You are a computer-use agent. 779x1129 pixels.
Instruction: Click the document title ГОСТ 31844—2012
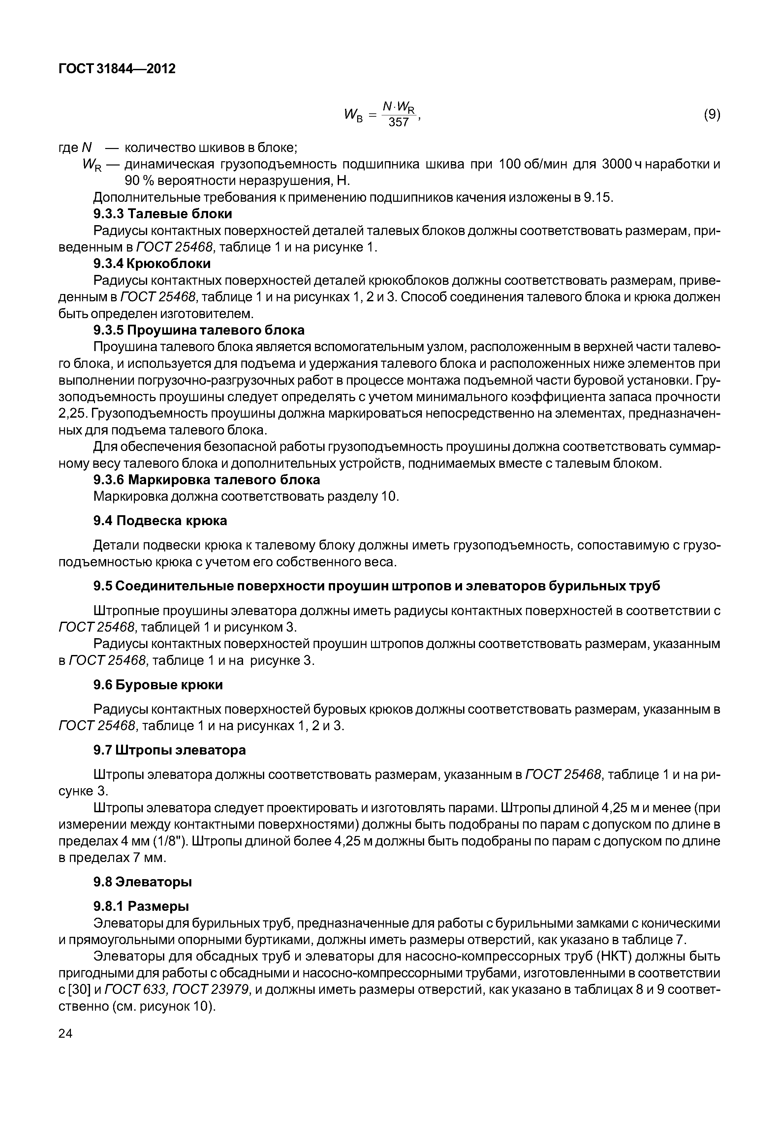[117, 69]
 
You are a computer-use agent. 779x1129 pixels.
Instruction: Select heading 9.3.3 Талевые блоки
[163, 214]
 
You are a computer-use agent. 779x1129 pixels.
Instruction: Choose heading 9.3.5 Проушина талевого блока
[199, 330]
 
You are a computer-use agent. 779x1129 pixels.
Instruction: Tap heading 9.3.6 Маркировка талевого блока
[206, 480]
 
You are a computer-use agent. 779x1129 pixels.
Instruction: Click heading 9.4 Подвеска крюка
[160, 521]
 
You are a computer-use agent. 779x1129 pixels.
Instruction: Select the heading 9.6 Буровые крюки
[158, 685]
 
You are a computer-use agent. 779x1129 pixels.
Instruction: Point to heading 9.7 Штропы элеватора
[170, 750]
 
